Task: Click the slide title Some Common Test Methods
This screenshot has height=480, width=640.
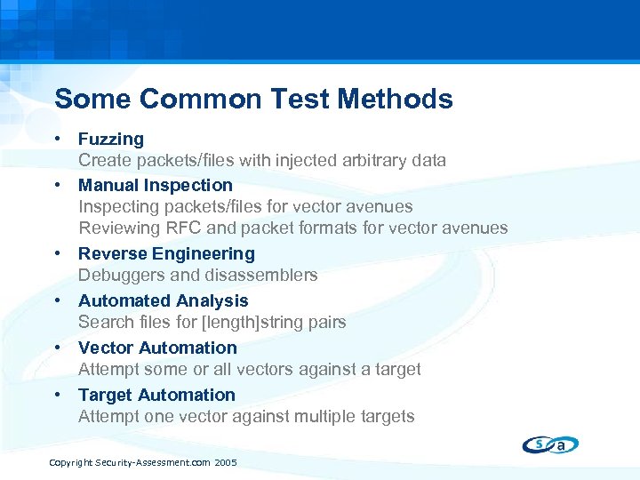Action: pos(253,99)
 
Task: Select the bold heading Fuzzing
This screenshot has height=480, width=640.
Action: pos(110,139)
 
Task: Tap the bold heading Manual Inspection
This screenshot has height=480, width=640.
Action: pos(155,185)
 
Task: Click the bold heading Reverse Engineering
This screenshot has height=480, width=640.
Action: pos(166,253)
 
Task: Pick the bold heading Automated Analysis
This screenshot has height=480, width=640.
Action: pos(163,300)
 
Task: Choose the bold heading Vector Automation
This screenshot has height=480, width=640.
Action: pos(157,348)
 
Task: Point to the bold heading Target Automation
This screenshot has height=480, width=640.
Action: pos(156,395)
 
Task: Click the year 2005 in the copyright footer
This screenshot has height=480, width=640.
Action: pos(226,464)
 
